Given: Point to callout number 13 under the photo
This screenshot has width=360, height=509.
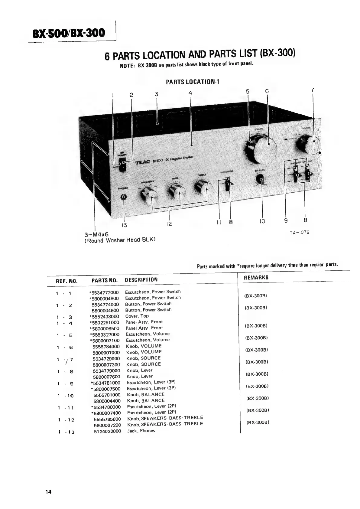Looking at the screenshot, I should [x=124, y=225].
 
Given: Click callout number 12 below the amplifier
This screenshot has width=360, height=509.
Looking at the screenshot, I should [x=169, y=224].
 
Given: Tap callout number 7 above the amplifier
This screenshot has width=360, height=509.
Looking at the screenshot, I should [x=313, y=90].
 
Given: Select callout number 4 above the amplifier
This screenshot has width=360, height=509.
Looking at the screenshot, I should [x=190, y=93].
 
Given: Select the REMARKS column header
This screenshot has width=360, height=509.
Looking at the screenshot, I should [x=256, y=277].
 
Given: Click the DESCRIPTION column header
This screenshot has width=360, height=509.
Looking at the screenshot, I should [x=141, y=280].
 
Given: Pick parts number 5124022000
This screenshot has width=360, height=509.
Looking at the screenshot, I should [x=107, y=431].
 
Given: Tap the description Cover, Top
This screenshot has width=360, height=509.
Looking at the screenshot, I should [x=137, y=316].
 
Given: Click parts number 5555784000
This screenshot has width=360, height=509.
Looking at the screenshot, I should [x=106, y=347].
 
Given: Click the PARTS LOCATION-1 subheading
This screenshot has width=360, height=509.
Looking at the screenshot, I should [x=192, y=82].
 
